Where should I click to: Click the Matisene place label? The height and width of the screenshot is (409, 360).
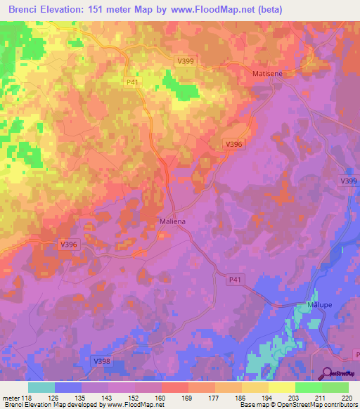coord(267,73)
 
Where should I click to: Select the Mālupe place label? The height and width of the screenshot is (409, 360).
coord(319,306)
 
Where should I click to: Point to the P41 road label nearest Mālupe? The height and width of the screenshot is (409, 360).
coord(235,280)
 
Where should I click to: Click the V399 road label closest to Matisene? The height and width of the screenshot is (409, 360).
coord(185,62)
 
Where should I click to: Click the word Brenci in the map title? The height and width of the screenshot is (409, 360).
coord(25,10)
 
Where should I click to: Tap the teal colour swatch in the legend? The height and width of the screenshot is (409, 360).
coord(41,387)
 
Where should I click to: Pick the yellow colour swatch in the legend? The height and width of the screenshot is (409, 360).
coord(281,387)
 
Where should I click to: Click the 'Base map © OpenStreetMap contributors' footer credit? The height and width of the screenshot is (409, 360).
coord(297,405)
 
